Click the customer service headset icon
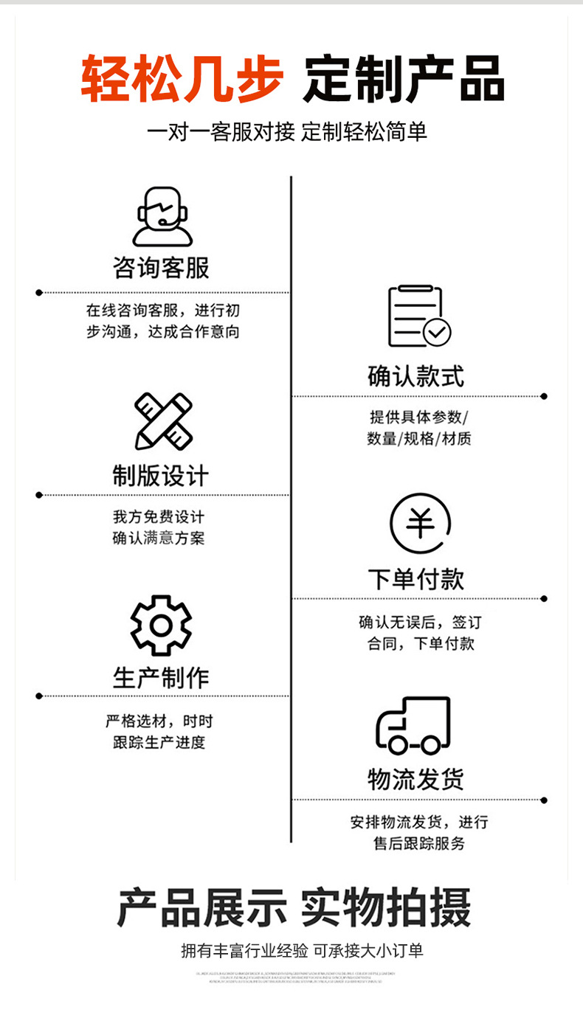[x=162, y=216]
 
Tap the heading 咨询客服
[x=162, y=268]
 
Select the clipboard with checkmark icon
[x=418, y=316]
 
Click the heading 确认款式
[x=416, y=376]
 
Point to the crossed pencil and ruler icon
[x=162, y=421]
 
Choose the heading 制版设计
[x=161, y=476]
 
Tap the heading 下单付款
[x=416, y=579]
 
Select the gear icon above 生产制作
[x=161, y=626]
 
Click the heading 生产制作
[x=161, y=677]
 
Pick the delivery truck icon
[x=413, y=724]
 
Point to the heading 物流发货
[x=416, y=780]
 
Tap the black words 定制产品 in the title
[x=404, y=78]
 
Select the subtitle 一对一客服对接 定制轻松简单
[x=288, y=133]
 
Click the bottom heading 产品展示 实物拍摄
[x=293, y=908]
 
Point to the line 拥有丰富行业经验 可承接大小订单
[x=303, y=951]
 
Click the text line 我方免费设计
[x=158, y=517]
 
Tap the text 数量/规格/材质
[x=419, y=439]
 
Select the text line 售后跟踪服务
[x=419, y=843]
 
